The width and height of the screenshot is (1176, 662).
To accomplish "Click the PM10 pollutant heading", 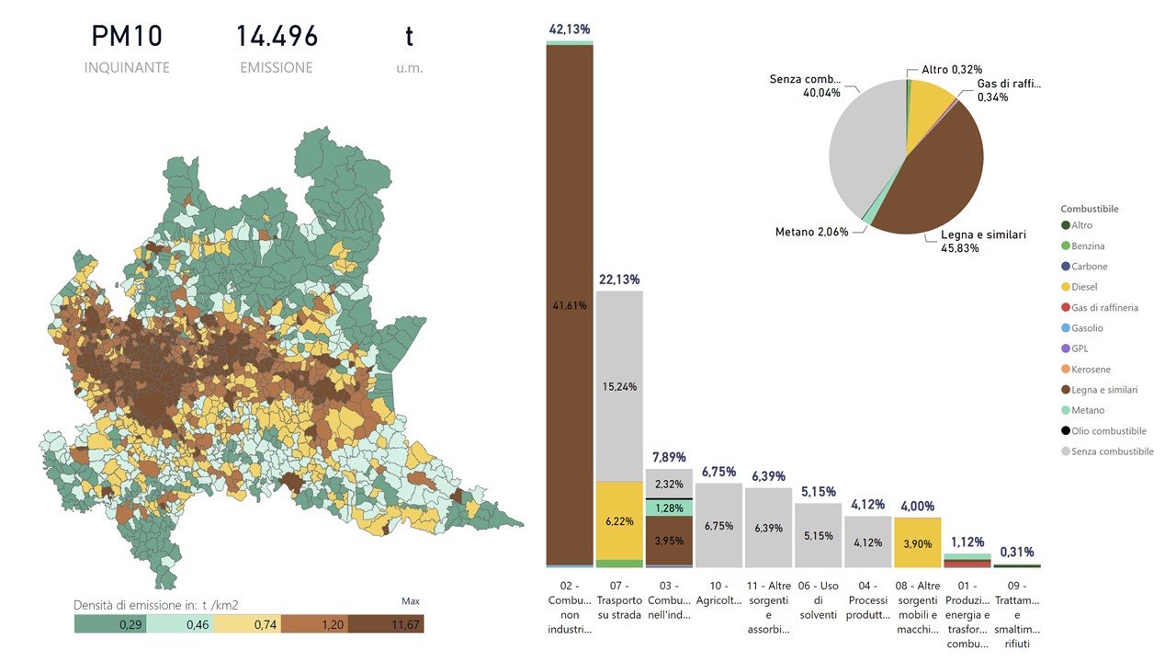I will [127, 37].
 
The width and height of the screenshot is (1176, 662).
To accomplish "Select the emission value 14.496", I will [277, 37].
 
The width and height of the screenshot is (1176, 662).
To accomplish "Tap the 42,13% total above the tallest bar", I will [569, 30].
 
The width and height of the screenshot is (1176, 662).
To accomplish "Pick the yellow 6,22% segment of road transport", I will [618, 520].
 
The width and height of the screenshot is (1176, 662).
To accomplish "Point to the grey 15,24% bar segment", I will [618, 386].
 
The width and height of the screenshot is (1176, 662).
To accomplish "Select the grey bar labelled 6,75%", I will [718, 526].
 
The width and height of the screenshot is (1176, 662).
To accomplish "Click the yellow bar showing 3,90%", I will [917, 542].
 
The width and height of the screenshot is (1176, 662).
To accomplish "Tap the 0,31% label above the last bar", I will [1016, 552].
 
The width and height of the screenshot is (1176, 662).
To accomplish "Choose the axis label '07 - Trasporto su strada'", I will [619, 600].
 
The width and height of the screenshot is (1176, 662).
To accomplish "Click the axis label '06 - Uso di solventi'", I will [818, 600].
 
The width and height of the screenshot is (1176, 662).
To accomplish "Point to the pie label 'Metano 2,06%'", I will [811, 232].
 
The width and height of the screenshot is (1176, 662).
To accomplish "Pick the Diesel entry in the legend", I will [1084, 287].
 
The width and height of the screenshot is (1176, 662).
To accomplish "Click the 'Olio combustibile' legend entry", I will [1108, 431].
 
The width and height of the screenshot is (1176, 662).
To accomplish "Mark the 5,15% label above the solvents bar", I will [818, 492].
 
